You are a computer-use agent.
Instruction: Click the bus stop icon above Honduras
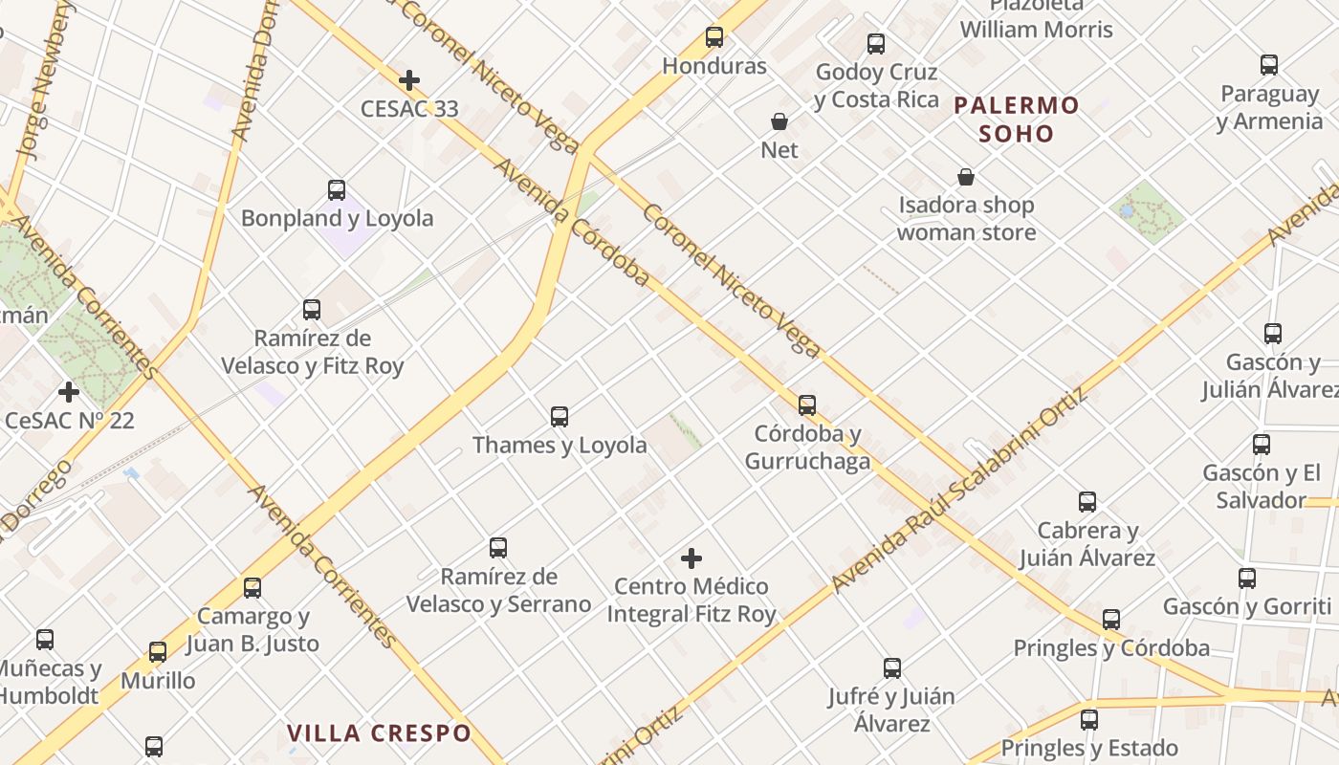point(714,37)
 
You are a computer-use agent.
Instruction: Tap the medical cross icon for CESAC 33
point(409,80)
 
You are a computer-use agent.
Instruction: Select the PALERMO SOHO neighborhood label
point(1017,119)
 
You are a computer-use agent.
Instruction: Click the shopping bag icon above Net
point(779,121)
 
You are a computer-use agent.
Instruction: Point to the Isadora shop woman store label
point(966,218)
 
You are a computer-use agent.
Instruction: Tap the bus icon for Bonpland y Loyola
point(337,189)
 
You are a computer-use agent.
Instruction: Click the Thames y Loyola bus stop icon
point(560,417)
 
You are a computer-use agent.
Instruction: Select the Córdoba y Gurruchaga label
point(807,448)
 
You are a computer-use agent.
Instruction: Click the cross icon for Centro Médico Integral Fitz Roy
point(691,558)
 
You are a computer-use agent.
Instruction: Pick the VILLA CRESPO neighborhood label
point(380,733)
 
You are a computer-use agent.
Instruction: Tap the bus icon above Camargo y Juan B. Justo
point(252,588)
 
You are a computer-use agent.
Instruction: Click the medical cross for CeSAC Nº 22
point(69,392)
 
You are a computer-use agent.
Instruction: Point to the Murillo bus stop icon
point(158,652)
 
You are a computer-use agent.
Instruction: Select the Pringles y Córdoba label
point(1111,648)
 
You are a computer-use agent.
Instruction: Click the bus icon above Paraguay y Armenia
point(1269,65)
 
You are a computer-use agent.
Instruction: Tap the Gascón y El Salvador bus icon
point(1262,445)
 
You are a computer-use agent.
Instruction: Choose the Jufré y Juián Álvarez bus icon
point(892,668)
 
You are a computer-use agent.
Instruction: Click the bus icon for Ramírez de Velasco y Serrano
point(498,548)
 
